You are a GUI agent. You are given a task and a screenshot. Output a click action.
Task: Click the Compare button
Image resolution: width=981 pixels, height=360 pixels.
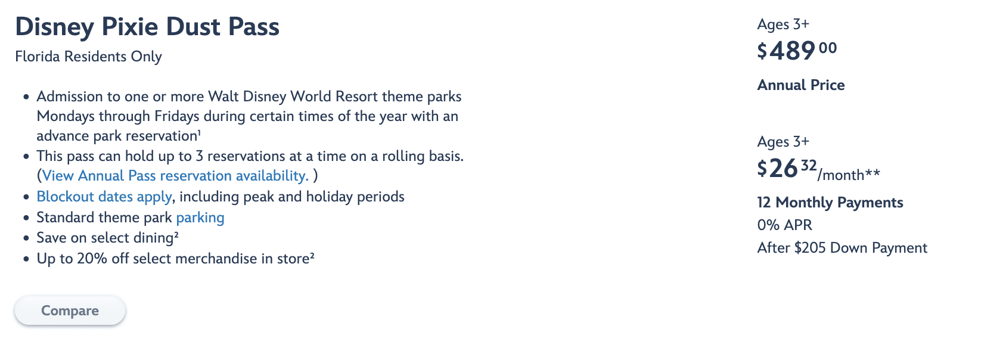click(70, 311)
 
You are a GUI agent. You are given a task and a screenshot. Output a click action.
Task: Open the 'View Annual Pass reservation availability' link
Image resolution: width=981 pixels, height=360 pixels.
click(175, 176)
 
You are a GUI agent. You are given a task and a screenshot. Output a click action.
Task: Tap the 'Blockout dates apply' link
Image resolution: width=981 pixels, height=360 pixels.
click(104, 197)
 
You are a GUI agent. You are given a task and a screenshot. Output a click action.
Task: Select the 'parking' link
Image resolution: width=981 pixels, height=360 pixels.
click(200, 218)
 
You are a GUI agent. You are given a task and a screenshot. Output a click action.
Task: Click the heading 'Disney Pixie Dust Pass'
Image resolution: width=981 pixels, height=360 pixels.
click(147, 27)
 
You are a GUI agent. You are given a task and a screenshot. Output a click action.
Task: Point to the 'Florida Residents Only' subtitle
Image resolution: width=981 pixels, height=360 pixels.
click(88, 57)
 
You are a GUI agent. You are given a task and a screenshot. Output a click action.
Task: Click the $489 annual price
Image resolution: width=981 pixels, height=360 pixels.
click(797, 51)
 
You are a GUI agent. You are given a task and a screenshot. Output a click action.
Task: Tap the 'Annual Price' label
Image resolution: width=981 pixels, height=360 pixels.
click(801, 85)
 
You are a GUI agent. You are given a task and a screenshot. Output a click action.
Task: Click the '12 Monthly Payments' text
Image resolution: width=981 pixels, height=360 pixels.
click(830, 202)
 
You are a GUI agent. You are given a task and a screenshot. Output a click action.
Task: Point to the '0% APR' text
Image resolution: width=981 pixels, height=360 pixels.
click(785, 225)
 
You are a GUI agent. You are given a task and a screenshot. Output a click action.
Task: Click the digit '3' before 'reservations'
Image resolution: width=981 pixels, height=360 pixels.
click(199, 156)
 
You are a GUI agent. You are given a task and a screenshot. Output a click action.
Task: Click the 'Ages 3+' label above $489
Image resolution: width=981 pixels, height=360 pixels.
click(784, 24)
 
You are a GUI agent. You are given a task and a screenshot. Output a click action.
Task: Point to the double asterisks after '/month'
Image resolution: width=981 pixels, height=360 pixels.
click(873, 173)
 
